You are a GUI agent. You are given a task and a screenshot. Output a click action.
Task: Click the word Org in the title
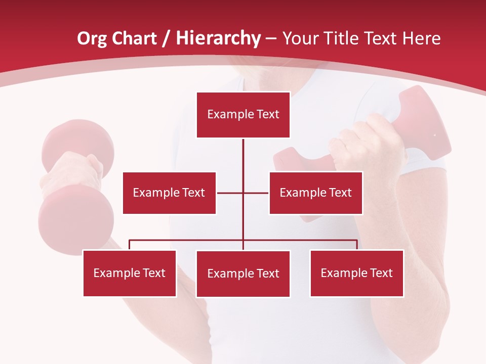(x=93, y=38)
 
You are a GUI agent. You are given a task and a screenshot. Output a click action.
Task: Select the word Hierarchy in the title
(x=218, y=38)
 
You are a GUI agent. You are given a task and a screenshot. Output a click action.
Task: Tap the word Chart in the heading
(x=135, y=38)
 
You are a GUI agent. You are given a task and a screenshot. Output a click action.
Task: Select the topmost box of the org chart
(x=243, y=115)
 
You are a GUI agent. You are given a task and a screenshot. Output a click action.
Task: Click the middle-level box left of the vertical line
(x=169, y=193)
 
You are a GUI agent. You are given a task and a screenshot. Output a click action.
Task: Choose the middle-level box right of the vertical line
(x=315, y=193)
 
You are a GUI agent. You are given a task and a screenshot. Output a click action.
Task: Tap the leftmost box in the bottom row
(x=130, y=273)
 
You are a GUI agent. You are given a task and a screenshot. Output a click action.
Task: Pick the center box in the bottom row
(x=243, y=274)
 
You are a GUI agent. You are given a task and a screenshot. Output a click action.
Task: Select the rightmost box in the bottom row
(x=356, y=273)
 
